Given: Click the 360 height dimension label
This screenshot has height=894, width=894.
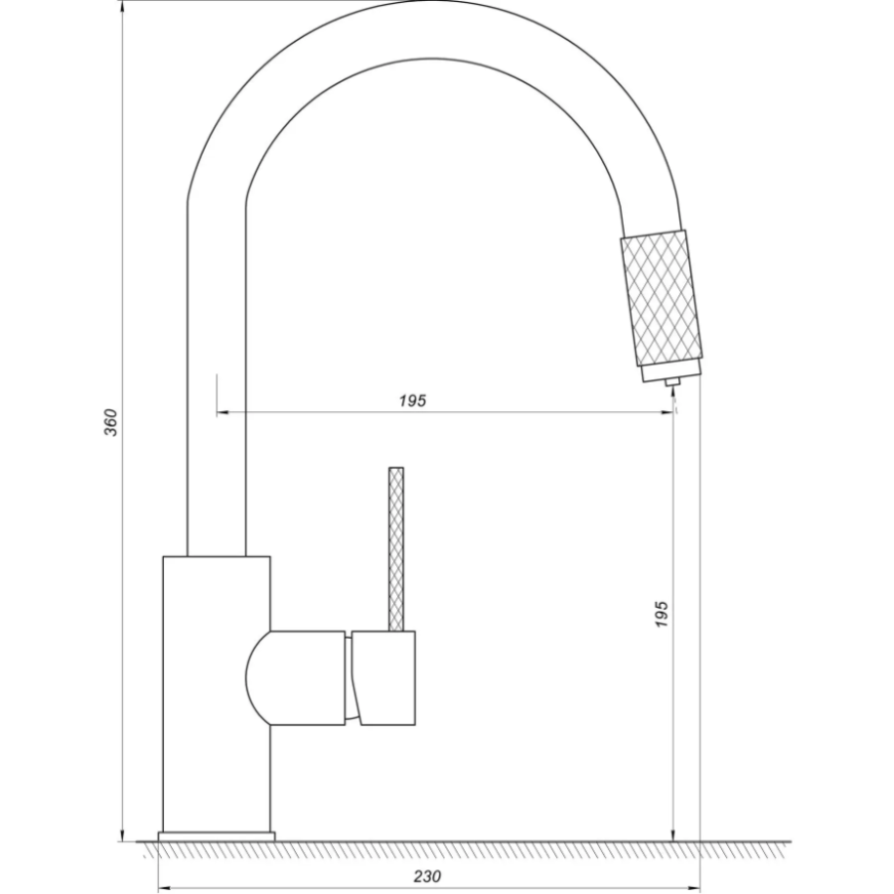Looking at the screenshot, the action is tap(111, 422).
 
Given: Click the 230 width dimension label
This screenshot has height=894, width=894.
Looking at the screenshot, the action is tap(427, 876).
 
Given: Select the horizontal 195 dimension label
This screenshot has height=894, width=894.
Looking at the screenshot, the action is tap(412, 401).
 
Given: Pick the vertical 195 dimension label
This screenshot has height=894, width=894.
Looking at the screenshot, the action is tap(661, 614).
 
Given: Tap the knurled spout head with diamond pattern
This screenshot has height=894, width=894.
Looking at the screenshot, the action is tap(661, 299).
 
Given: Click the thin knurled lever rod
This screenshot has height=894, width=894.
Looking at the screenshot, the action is tap(395, 549).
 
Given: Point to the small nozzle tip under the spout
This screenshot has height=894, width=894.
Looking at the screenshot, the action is tap(672, 381).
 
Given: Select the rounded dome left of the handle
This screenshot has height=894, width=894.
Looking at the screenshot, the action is tap(257, 677).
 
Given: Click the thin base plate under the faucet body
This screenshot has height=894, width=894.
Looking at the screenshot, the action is tap(217, 836).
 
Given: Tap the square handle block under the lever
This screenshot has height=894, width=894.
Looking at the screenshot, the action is tap(383, 677).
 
